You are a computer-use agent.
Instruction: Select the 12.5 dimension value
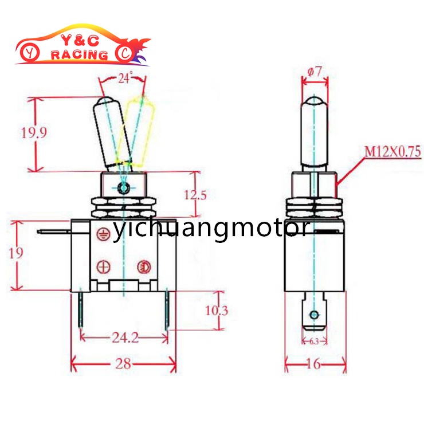(x=196, y=194)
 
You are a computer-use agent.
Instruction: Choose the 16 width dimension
(x=315, y=364)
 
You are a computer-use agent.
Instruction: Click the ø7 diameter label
(x=315, y=73)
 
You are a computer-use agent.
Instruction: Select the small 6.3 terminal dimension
(x=314, y=341)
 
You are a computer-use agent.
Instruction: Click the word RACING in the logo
(x=79, y=55)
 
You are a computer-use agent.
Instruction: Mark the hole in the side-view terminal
(x=314, y=315)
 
